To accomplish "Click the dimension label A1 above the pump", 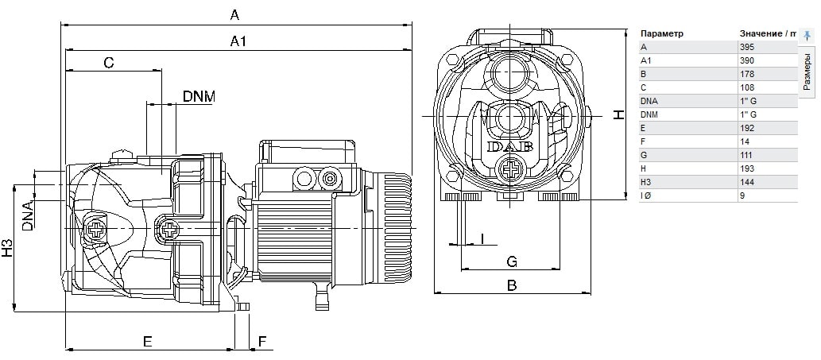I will (237, 41).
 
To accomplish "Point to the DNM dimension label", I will (199, 96).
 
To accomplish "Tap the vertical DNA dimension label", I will (27, 215).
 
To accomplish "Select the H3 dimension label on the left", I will (7, 248).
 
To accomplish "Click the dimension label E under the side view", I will (147, 341).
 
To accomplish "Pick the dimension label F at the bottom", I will (262, 341).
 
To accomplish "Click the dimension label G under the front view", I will (512, 261).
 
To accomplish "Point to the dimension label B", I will (512, 285).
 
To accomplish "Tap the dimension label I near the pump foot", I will (482, 238).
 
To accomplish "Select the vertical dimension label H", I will (619, 114).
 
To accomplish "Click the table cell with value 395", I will (746, 47).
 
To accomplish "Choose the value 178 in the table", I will (746, 74).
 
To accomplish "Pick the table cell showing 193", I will (746, 168).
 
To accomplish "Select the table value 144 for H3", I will (746, 182).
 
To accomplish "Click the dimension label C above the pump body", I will (109, 62).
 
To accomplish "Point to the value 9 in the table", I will (742, 195).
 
